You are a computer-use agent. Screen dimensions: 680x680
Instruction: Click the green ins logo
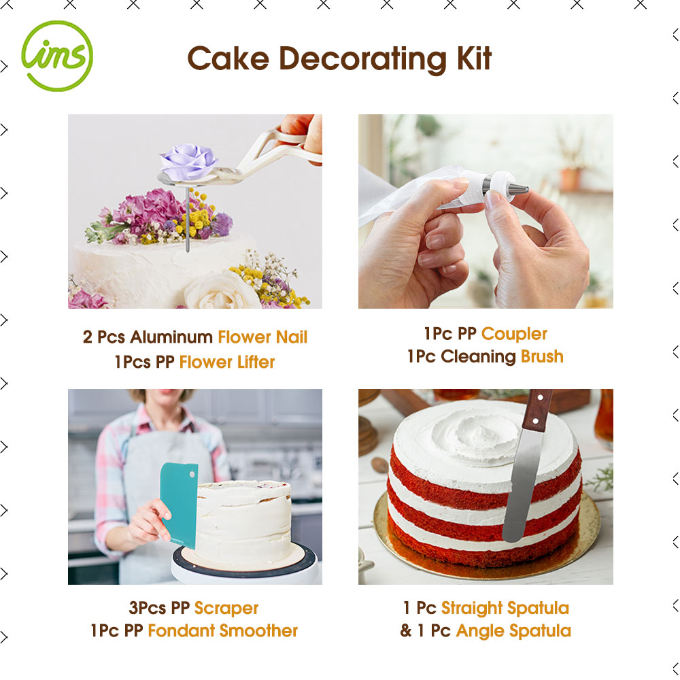pyautogui.click(x=57, y=56)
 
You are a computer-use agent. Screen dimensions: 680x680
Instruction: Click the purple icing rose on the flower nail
pyautogui.click(x=188, y=160)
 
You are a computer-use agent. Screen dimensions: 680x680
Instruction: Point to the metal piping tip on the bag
pyautogui.click(x=519, y=189)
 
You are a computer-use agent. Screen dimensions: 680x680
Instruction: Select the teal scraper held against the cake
pyautogui.click(x=179, y=505)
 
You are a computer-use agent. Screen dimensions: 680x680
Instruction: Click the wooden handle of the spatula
pyautogui.click(x=537, y=410)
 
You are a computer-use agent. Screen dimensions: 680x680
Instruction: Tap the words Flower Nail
pyautogui.click(x=262, y=337)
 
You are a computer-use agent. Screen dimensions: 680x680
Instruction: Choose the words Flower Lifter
pyautogui.click(x=227, y=362)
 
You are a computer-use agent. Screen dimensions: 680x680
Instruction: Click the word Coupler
pyautogui.click(x=514, y=335)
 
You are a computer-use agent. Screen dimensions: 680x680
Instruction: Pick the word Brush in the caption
pyautogui.click(x=542, y=356)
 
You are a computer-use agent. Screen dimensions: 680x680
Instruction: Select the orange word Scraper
pyautogui.click(x=226, y=609)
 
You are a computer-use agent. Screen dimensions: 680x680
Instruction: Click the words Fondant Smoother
pyautogui.click(x=222, y=630)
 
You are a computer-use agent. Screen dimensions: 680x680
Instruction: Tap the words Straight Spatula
pyautogui.click(x=505, y=609)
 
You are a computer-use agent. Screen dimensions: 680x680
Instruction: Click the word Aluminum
pyautogui.click(x=171, y=337)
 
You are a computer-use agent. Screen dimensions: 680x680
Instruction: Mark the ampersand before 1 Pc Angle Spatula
pyautogui.click(x=405, y=630)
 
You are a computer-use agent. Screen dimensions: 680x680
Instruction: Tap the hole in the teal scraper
pyautogui.click(x=192, y=475)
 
